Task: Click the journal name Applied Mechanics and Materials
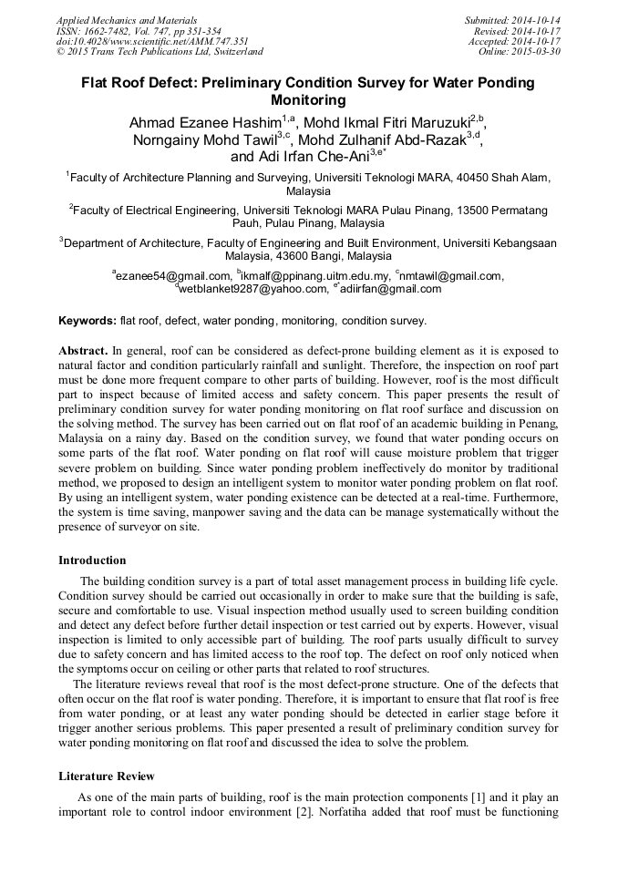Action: (126, 19)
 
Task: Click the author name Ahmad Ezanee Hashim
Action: (204, 122)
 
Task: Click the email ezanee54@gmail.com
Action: (173, 276)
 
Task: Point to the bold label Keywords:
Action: (88, 321)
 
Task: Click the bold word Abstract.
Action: (83, 351)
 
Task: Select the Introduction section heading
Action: (92, 560)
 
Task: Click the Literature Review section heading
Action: (107, 776)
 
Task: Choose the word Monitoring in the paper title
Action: (309, 99)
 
